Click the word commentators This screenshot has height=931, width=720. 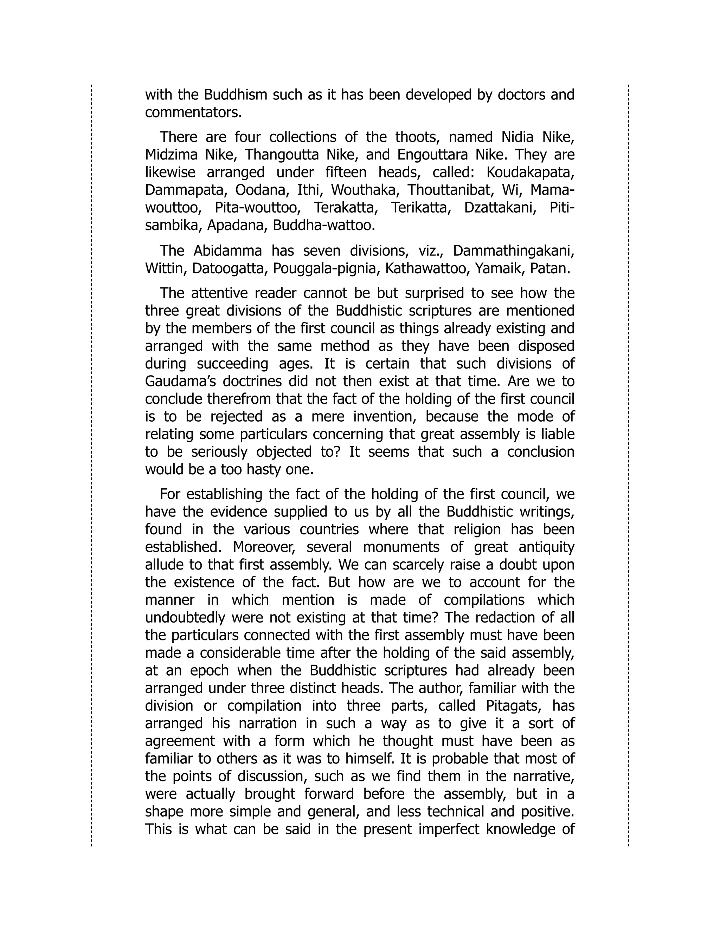193,112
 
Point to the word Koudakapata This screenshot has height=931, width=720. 530,172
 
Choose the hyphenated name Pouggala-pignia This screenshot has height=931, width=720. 326,268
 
